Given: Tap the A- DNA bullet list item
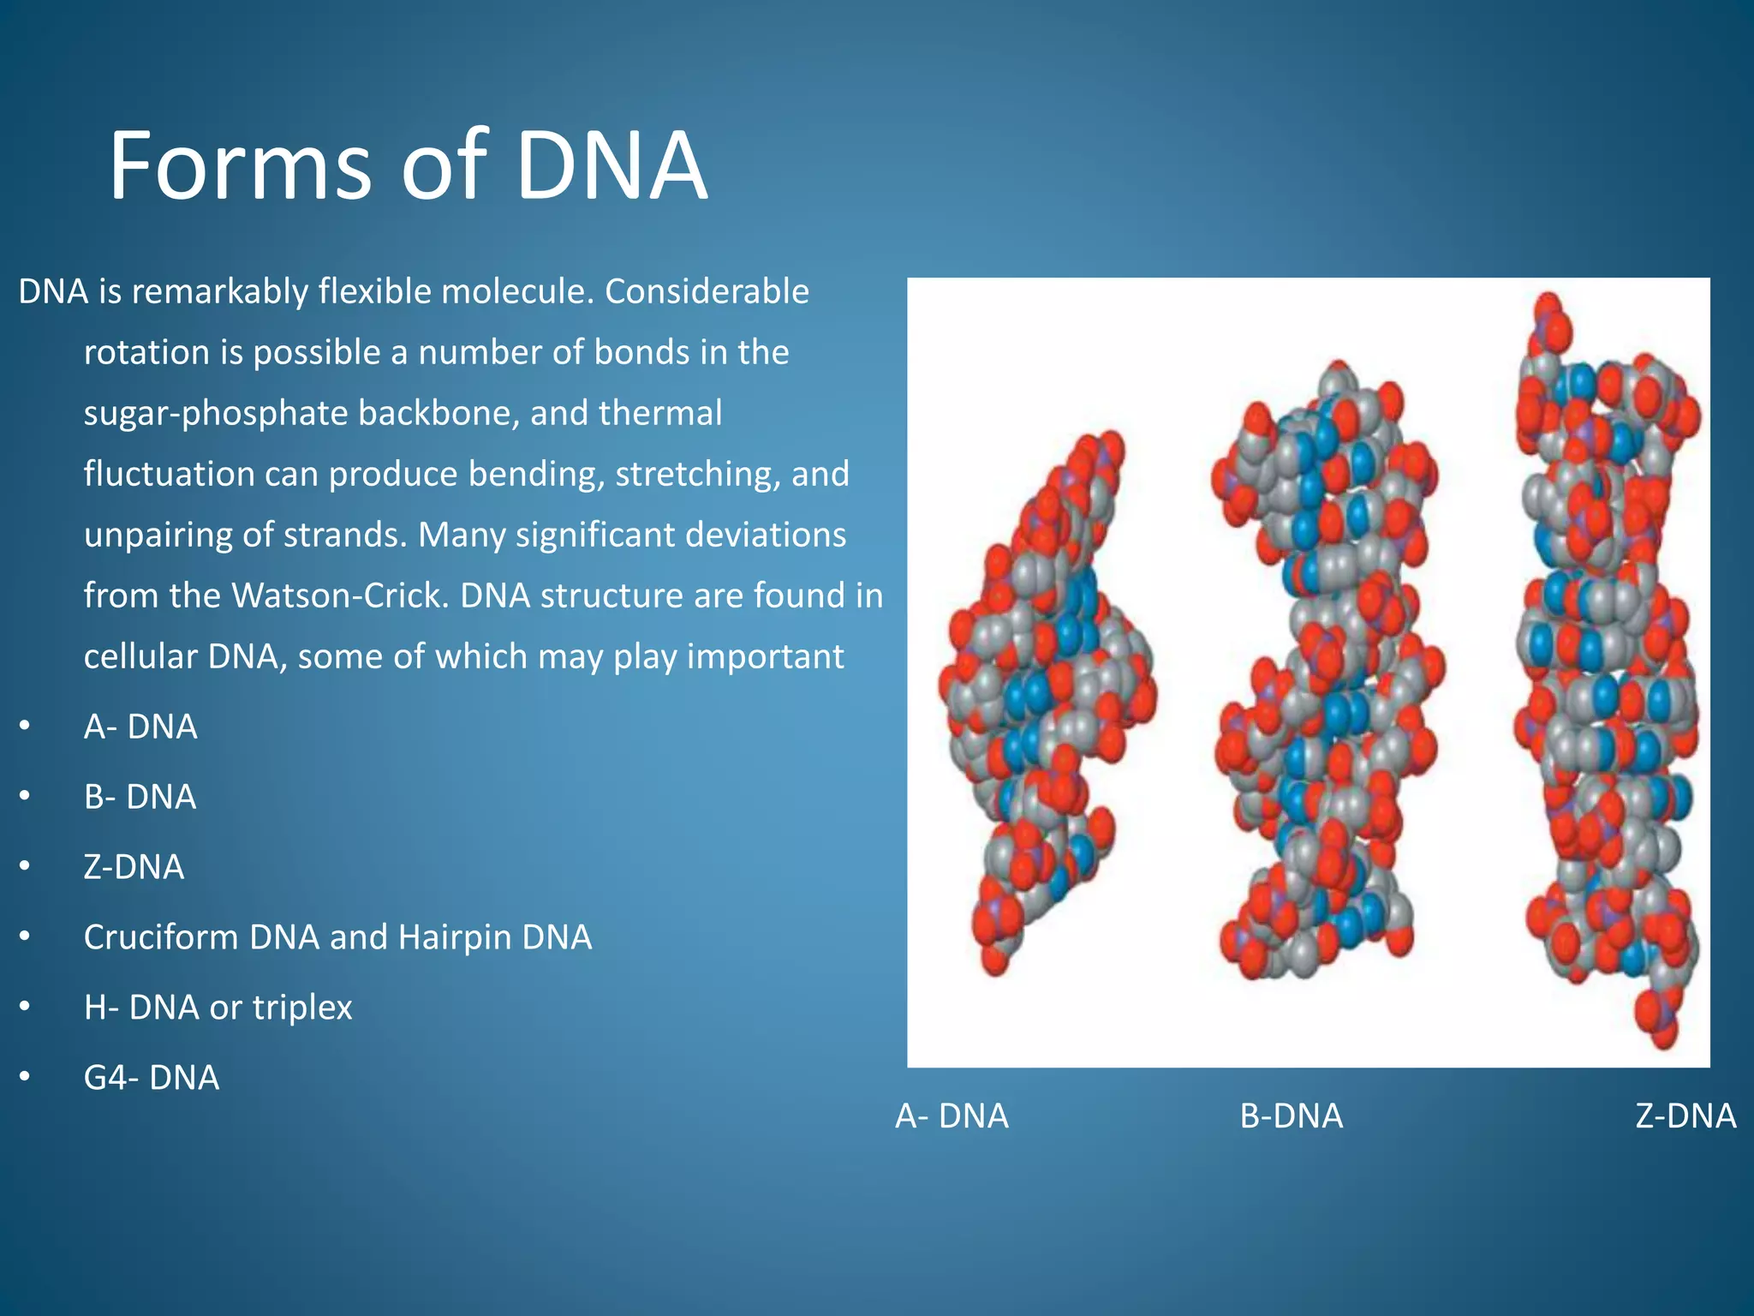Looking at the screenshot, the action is click(x=140, y=727).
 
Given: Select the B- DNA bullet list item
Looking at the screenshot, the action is click(x=140, y=798).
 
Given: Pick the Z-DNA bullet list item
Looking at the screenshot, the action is click(x=134, y=868).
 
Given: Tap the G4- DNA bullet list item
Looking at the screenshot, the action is click(x=151, y=1078).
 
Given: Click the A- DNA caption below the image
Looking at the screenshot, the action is click(x=952, y=1116).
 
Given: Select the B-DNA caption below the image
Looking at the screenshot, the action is click(x=1292, y=1116).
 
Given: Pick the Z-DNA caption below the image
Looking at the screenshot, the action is click(x=1685, y=1116).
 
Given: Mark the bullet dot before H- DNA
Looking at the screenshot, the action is click(x=26, y=1008).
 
